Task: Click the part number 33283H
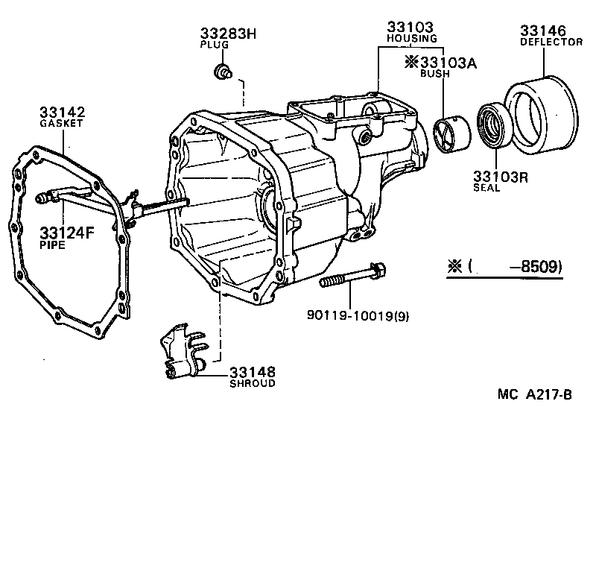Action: click(228, 34)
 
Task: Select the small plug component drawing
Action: click(222, 72)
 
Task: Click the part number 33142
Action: click(63, 112)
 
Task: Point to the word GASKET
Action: click(62, 124)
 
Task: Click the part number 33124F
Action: click(67, 232)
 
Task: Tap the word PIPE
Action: click(52, 245)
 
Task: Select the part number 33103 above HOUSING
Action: click(410, 27)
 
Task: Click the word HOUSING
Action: click(411, 38)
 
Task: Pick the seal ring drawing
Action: click(490, 124)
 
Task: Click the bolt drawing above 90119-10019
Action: click(354, 276)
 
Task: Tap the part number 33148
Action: click(253, 371)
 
